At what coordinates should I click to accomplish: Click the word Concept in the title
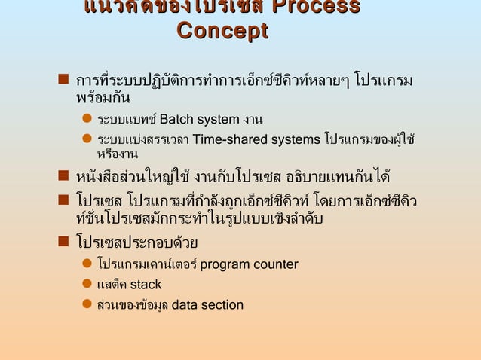(222, 32)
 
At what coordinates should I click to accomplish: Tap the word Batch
(176, 119)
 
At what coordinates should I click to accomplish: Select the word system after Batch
(217, 119)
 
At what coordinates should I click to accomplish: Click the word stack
(146, 285)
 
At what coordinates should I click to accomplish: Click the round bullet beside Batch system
(87, 119)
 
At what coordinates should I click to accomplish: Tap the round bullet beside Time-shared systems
(87, 139)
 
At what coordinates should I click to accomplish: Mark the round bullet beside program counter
(87, 264)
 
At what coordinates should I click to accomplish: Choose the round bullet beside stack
(87, 285)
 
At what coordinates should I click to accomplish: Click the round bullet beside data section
(87, 305)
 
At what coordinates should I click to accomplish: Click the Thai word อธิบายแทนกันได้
(338, 179)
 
